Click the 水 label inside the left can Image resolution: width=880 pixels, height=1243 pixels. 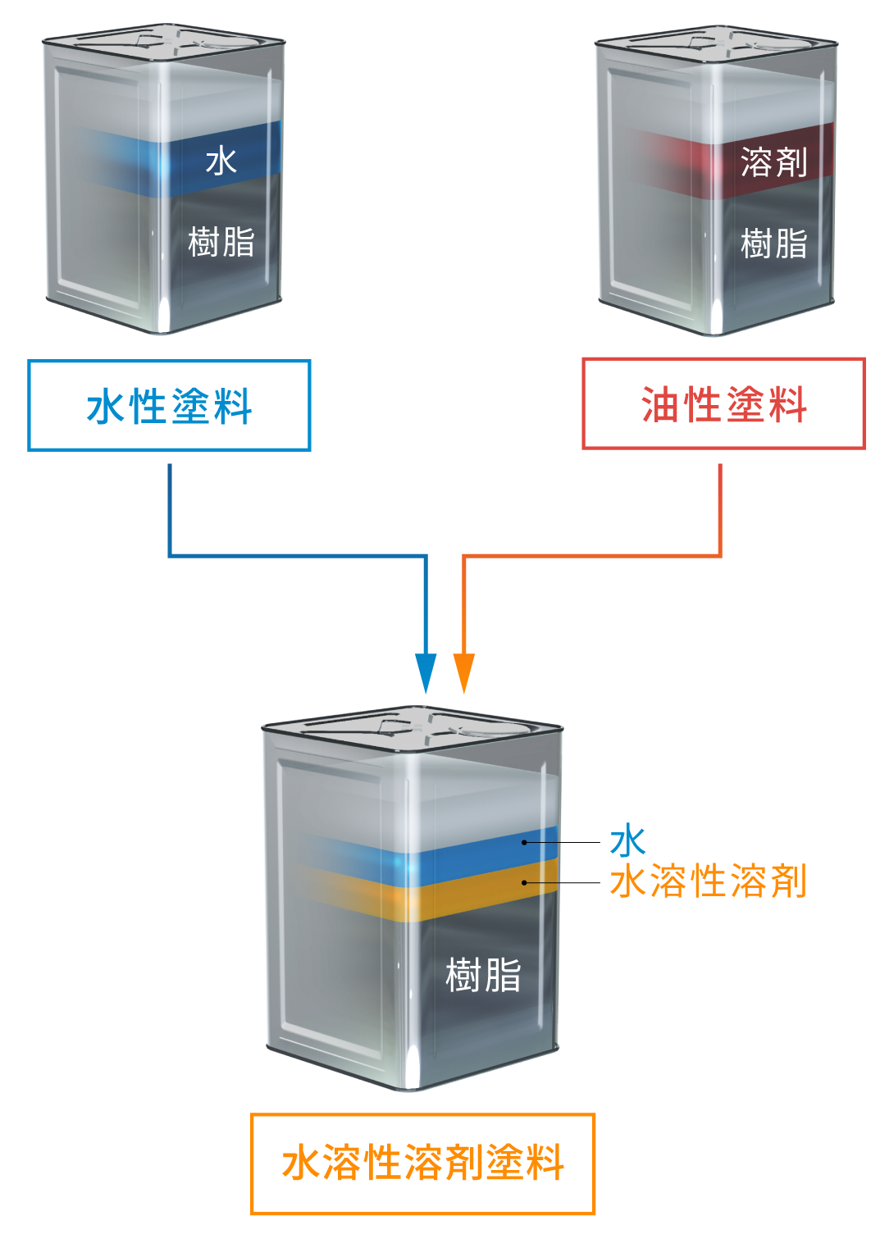(221, 162)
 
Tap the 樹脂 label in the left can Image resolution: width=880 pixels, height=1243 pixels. (221, 243)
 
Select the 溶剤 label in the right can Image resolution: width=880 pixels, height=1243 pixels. (773, 162)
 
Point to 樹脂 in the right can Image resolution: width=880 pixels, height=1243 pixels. (773, 244)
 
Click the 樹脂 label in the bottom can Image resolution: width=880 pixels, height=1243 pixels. (483, 976)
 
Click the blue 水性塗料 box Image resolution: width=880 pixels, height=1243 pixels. (169, 406)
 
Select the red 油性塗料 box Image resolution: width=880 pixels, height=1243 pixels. (723, 404)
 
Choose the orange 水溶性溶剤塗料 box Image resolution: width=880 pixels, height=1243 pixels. (422, 1163)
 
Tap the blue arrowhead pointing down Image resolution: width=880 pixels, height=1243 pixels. (425, 672)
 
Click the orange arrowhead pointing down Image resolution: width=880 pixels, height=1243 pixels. (464, 672)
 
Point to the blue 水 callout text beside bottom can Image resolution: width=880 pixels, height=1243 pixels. (627, 841)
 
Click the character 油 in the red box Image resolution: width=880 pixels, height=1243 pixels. (659, 405)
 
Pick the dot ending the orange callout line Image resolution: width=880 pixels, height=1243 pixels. (524, 882)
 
